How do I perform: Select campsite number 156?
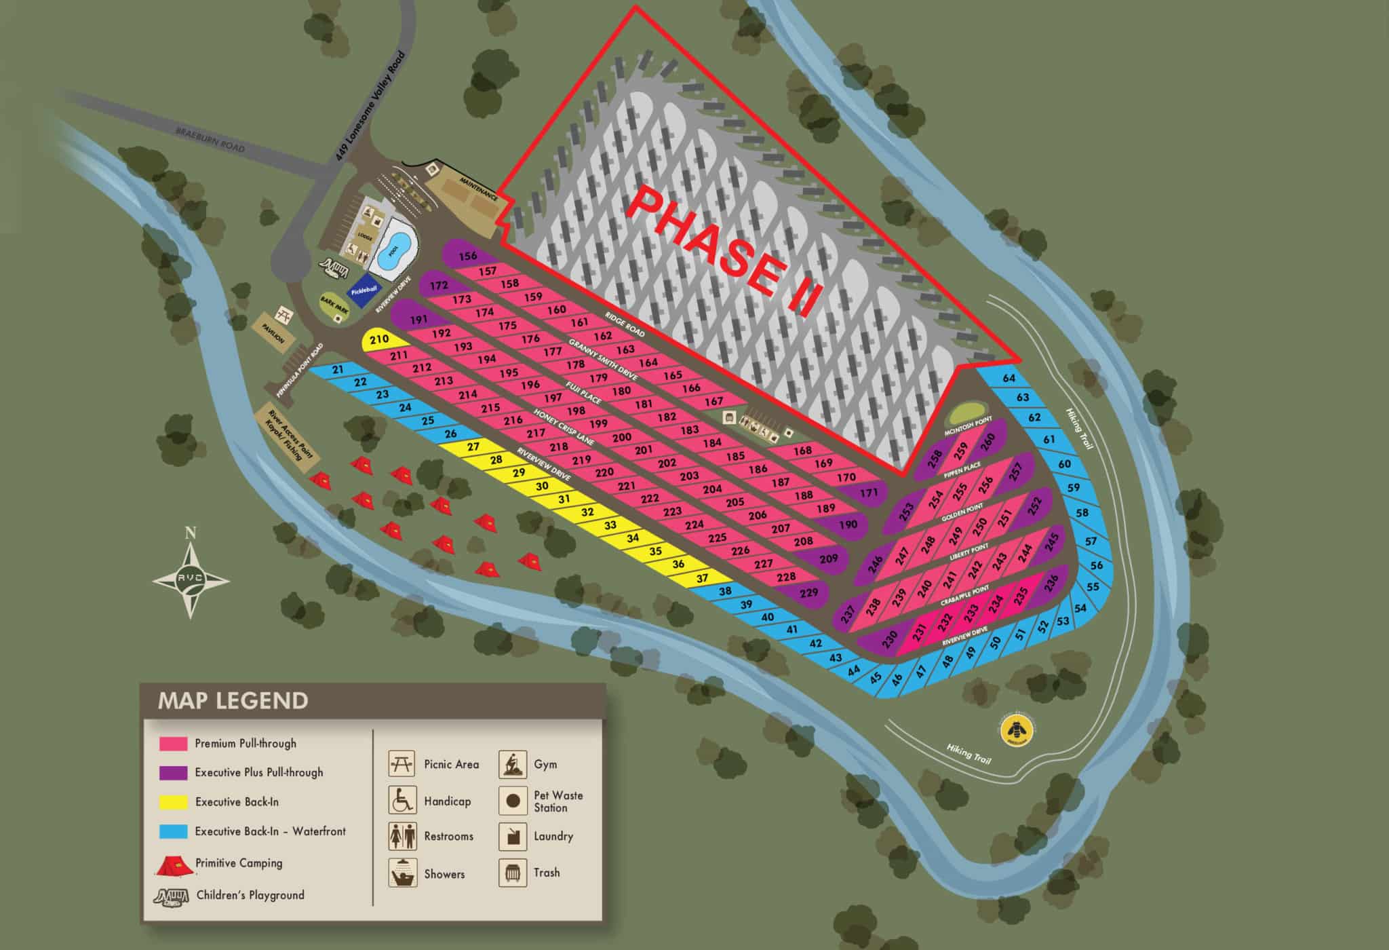coord(467,256)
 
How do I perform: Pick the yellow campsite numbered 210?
coord(379,339)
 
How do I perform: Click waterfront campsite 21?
coord(338,370)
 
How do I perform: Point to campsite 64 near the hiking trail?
coord(1009,379)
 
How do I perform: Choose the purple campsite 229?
coord(809,592)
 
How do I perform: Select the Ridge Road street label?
coord(624,324)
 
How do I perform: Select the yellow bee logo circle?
coord(1018,730)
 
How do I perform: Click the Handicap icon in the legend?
coord(402,801)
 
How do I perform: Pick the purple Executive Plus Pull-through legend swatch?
coord(173,772)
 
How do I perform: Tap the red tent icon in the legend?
coord(174,864)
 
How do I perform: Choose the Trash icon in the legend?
coord(513,873)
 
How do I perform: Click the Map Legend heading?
coord(233,700)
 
